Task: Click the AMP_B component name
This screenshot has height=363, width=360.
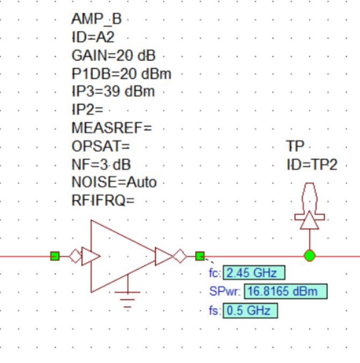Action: click(x=97, y=19)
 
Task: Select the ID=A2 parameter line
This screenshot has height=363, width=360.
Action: click(x=93, y=38)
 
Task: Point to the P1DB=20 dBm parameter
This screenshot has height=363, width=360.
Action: click(x=121, y=73)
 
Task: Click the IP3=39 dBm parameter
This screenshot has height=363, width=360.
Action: click(x=113, y=92)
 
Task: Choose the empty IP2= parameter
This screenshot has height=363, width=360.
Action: click(x=87, y=110)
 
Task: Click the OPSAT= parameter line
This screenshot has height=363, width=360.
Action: click(x=101, y=146)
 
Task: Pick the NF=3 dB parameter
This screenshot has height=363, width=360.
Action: click(x=101, y=164)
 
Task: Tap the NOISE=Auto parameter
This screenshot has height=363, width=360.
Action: click(x=114, y=182)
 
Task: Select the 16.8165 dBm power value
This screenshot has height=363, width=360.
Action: click(x=285, y=292)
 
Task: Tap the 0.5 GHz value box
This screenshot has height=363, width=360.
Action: click(x=251, y=310)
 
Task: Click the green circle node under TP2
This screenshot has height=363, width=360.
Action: click(x=309, y=256)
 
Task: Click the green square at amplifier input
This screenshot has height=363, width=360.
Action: click(x=55, y=256)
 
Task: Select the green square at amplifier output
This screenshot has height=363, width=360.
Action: click(x=200, y=256)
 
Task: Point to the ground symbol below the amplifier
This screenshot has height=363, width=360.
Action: click(x=128, y=297)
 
